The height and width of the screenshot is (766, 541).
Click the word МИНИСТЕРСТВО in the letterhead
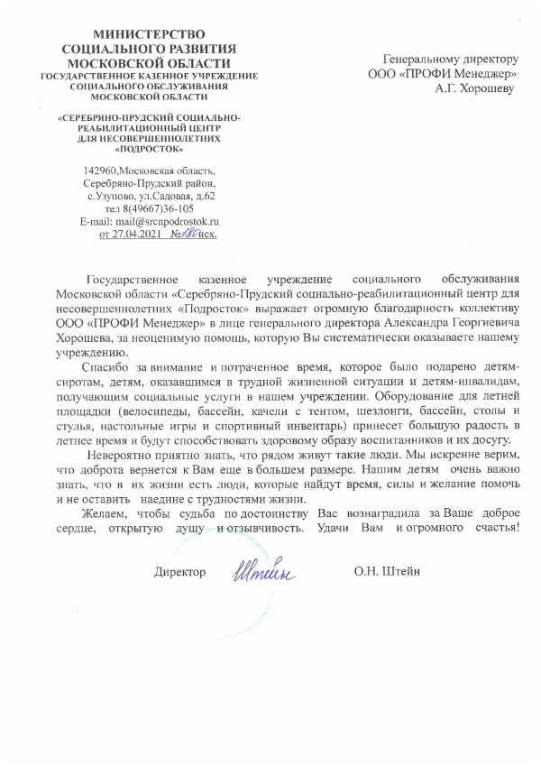149,33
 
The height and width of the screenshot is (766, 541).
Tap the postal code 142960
99,170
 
